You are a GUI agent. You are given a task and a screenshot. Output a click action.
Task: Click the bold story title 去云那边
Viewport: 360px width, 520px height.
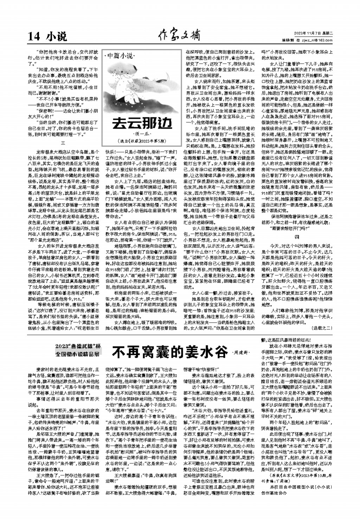tap(142, 123)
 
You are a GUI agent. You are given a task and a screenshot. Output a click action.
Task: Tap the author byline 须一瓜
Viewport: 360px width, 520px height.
tap(142, 134)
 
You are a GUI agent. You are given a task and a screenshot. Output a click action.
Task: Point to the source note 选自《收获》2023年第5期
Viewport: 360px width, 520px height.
tap(142, 142)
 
